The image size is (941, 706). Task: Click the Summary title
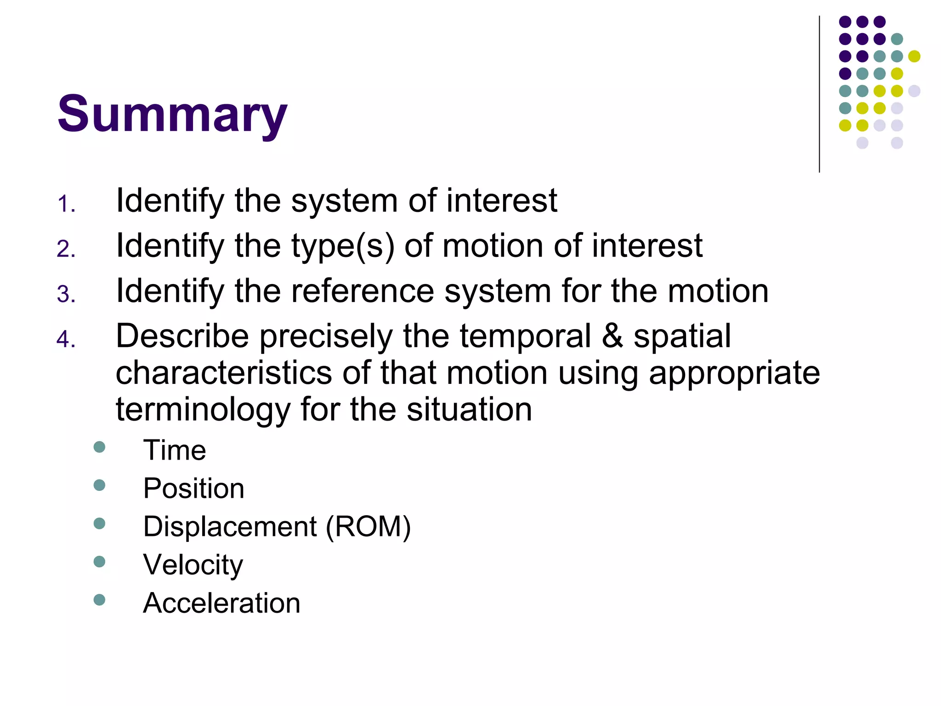pos(172,114)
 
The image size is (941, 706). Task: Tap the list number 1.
pos(66,204)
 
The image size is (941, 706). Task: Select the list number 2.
pos(66,249)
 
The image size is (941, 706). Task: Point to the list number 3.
pos(66,294)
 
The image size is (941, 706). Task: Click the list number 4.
pos(66,339)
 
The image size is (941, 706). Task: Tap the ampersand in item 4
pos(612,336)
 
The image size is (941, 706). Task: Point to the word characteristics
pos(223,373)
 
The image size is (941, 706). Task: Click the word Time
pos(175,450)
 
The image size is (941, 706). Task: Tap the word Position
pos(193,488)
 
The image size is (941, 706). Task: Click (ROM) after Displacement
pos(368,527)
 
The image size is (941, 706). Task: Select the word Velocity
pos(193,565)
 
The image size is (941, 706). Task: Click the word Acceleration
pos(221,603)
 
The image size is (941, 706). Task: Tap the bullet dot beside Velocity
pos(99,562)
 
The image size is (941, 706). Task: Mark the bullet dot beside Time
pos(99,447)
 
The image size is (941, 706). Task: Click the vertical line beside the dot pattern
pos(819,94)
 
